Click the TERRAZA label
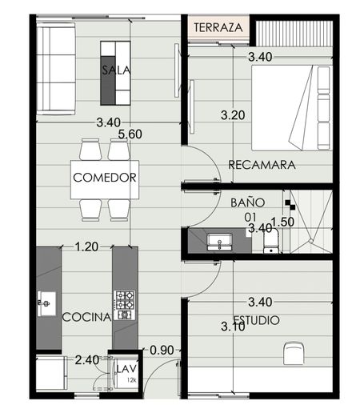pyautogui.click(x=218, y=27)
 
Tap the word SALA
pyautogui.click(x=116, y=70)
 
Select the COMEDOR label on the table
pyautogui.click(x=105, y=178)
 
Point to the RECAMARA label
pyautogui.click(x=262, y=165)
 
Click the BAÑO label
pyautogui.click(x=247, y=202)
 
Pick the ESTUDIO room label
pyautogui.click(x=257, y=320)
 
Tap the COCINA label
pyautogui.click(x=86, y=317)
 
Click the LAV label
pyautogui.click(x=126, y=369)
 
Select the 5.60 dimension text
pyautogui.click(x=130, y=134)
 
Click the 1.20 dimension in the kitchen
pyautogui.click(x=86, y=247)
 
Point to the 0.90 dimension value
pyautogui.click(x=162, y=351)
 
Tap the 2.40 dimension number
pyautogui.click(x=87, y=360)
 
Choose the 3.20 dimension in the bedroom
pyautogui.click(x=233, y=115)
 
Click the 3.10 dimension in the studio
pyautogui.click(x=233, y=327)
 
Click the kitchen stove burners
pyautogui.click(x=124, y=305)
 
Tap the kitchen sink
pyautogui.click(x=46, y=303)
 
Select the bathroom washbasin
pyautogui.click(x=219, y=243)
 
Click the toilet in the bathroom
pyautogui.click(x=271, y=243)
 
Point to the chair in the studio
pyautogui.click(x=294, y=353)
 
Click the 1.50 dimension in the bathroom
pyautogui.click(x=282, y=222)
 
